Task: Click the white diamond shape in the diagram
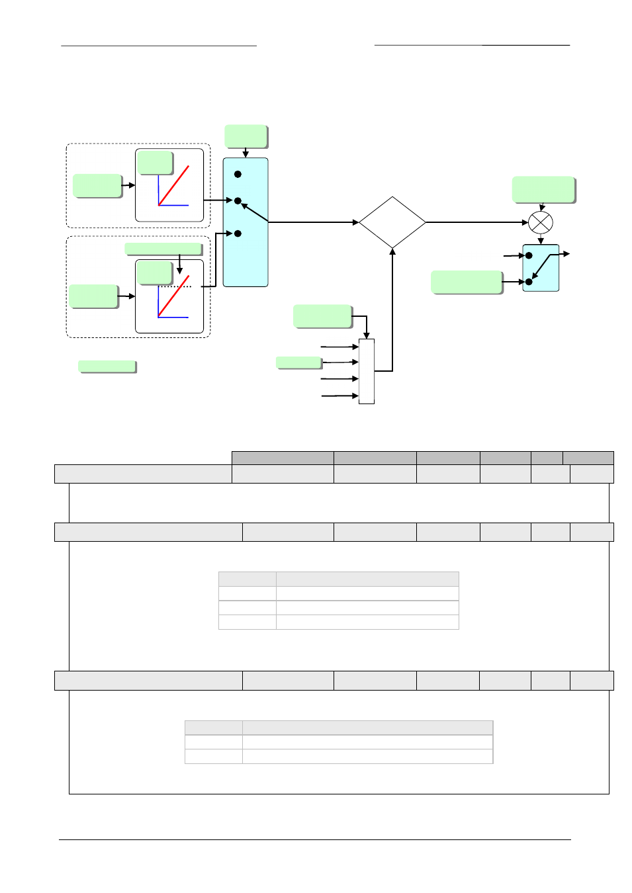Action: (x=392, y=222)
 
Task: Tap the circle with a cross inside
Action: (x=541, y=222)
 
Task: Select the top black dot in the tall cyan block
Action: (x=238, y=174)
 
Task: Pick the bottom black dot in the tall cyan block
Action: (x=238, y=234)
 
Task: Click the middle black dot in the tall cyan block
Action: (x=238, y=200)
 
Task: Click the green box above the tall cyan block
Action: (x=246, y=136)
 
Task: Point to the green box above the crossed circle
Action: (x=543, y=190)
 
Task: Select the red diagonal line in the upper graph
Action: (x=174, y=185)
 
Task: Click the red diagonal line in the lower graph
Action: (x=174, y=296)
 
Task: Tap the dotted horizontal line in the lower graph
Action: (x=176, y=286)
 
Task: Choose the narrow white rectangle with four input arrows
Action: (x=367, y=371)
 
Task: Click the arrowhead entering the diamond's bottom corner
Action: (x=392, y=252)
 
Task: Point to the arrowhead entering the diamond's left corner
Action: (x=355, y=222)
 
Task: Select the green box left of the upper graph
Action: (x=97, y=186)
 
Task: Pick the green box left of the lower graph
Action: (x=93, y=296)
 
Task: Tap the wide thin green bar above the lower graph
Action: (x=163, y=249)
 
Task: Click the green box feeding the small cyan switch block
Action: (x=467, y=282)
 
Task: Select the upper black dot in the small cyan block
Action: (x=529, y=255)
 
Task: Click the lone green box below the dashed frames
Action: (x=107, y=366)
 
